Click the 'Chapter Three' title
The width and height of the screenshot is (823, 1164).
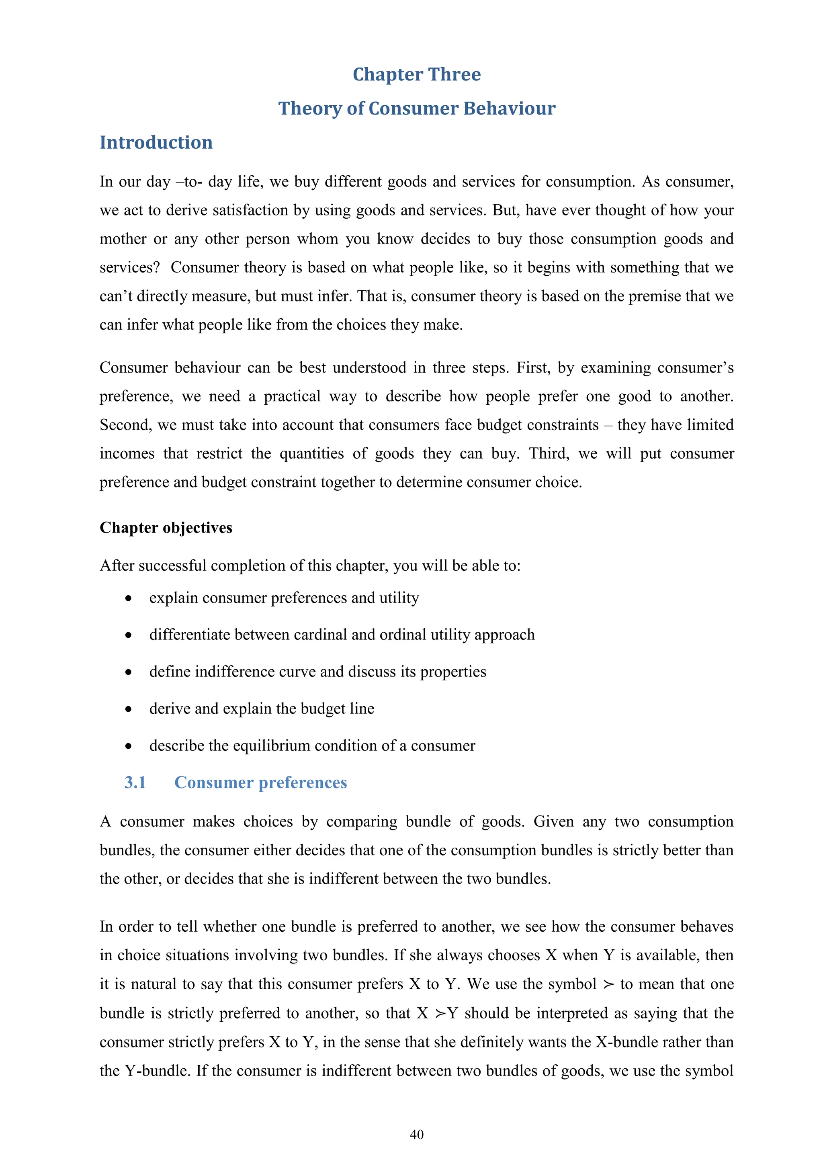(417, 74)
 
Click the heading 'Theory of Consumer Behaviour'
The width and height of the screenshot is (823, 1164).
(417, 109)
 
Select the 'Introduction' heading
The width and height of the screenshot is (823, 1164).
(156, 142)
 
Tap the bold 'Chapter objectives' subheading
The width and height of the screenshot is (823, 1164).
(166, 528)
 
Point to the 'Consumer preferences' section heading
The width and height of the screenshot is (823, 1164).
(260, 782)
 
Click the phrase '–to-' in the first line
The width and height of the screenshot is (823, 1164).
(189, 182)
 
